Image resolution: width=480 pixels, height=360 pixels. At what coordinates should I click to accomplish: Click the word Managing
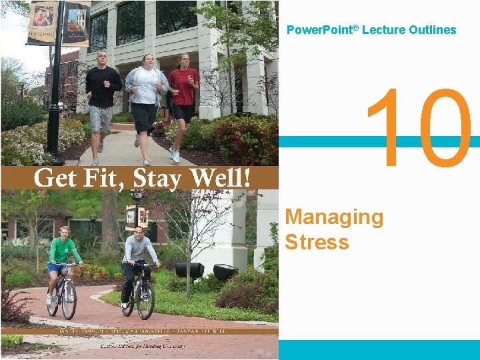334,218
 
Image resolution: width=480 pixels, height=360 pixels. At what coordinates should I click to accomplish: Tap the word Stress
317,241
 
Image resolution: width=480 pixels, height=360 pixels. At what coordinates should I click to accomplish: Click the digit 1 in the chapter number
386,128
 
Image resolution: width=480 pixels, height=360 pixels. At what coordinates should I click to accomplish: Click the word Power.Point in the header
314,30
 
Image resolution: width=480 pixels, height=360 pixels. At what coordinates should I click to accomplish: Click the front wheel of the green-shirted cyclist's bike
69,301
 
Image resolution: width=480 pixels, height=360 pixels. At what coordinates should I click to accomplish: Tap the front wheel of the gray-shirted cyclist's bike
146,302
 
